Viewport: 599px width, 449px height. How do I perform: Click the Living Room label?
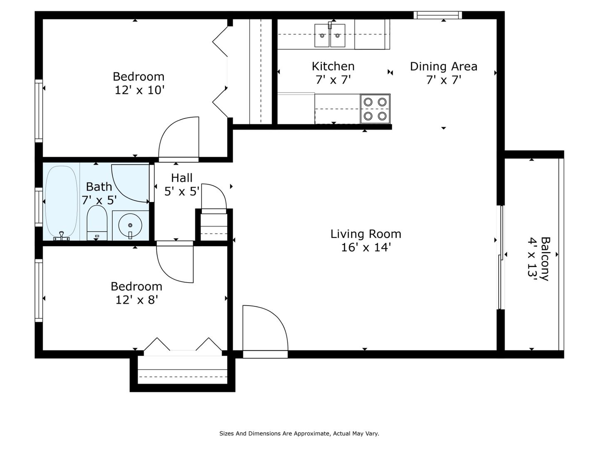coord(366,234)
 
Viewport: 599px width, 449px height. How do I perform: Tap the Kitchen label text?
coord(333,66)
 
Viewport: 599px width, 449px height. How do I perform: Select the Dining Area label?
coord(443,67)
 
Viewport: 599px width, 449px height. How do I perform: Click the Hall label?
coord(182,178)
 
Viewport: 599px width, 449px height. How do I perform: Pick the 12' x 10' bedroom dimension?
coord(139,90)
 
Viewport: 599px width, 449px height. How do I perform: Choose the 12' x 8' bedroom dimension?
coord(137,300)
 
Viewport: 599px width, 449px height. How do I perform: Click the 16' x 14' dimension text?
coord(366,247)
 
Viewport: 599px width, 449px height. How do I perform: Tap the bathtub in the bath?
coord(61,202)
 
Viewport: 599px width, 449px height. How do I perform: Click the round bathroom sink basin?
coord(130,225)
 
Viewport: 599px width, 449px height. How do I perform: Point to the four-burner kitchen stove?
coord(375,109)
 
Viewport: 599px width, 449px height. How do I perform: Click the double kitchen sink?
coord(329,35)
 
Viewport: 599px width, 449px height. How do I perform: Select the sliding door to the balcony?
coord(501,257)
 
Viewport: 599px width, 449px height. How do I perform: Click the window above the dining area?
coord(438,15)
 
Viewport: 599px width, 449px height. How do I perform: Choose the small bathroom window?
coord(39,207)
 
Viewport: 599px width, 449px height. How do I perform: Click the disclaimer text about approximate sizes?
coord(299,434)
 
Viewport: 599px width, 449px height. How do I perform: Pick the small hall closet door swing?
coord(214,197)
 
